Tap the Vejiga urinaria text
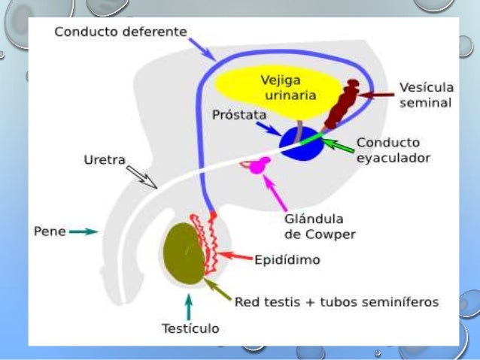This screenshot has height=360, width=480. pos(288,87)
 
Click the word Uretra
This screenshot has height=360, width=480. pos(105,159)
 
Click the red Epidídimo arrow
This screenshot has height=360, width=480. pos(237,259)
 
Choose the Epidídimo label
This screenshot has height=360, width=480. pos(287,260)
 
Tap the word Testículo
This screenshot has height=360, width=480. pos(190,328)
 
